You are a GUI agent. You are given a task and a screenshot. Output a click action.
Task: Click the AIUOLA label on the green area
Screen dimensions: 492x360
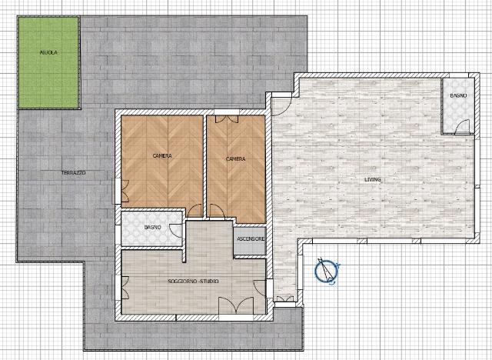click(48, 53)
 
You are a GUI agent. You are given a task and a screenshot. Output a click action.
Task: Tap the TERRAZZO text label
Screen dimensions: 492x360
click(74, 172)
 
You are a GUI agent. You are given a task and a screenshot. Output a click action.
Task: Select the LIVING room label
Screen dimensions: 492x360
click(373, 179)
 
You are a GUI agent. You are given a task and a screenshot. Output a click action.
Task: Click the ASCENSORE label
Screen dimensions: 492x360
click(251, 239)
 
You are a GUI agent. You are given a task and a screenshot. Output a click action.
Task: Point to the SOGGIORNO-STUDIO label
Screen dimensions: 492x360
click(193, 282)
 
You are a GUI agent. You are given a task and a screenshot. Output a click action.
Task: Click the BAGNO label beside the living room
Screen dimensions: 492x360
click(458, 95)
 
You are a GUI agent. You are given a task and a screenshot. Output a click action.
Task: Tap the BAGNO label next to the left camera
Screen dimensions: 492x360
click(153, 227)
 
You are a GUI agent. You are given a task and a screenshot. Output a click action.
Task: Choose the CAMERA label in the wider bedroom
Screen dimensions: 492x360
click(162, 155)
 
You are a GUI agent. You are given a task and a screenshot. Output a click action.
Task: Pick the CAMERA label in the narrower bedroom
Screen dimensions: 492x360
click(236, 159)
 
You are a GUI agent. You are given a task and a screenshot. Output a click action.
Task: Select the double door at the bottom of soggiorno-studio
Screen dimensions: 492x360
click(236, 305)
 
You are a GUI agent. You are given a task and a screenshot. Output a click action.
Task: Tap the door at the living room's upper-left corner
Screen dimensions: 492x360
click(281, 106)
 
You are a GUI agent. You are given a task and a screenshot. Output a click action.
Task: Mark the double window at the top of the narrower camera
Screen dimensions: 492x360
click(227, 118)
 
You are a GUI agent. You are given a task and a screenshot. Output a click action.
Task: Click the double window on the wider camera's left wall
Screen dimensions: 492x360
click(125, 191)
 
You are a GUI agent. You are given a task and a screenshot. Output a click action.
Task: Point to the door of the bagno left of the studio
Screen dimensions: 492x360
click(176, 230)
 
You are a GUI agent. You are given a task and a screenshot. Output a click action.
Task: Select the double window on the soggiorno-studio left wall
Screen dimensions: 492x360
click(125, 288)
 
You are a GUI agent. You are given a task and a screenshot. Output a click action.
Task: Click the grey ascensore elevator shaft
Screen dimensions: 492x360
click(250, 241)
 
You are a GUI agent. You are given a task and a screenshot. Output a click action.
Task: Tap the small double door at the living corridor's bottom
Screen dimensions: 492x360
click(285, 298)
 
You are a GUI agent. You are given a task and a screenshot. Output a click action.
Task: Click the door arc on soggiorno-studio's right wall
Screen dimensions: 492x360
click(260, 287)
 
